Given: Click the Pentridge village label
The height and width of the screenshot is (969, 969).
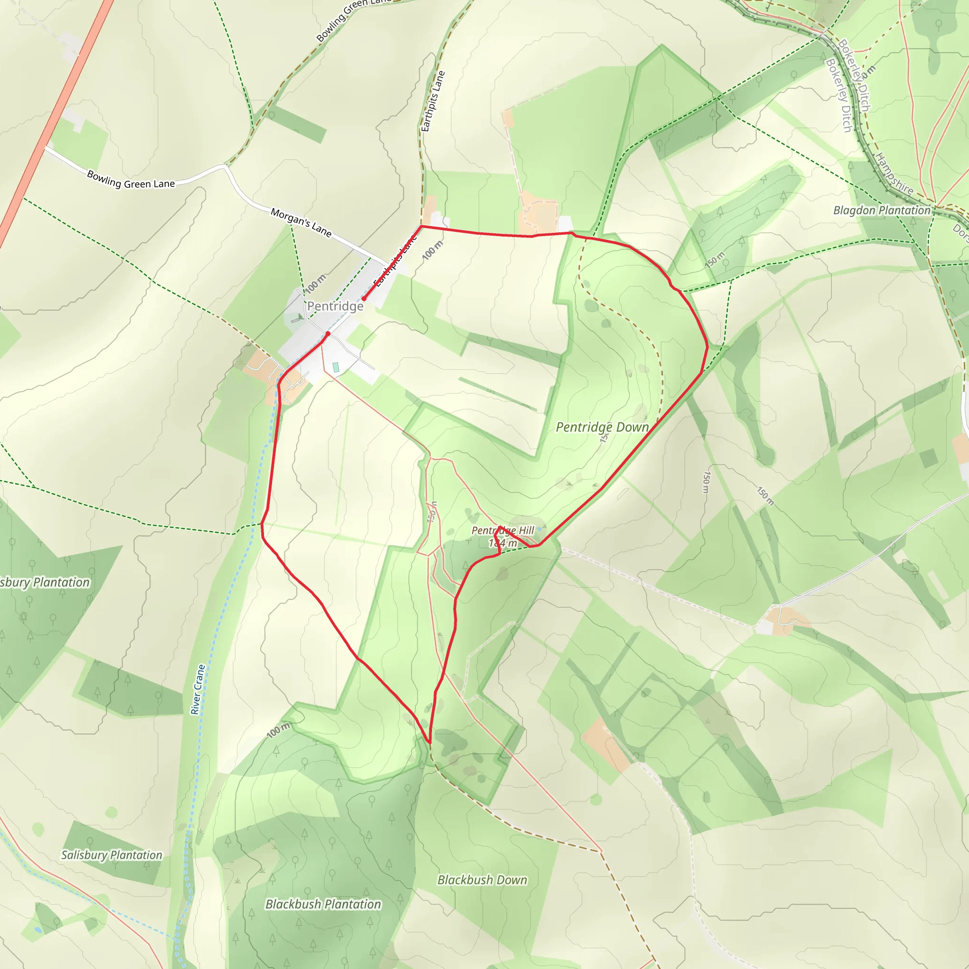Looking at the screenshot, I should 335,306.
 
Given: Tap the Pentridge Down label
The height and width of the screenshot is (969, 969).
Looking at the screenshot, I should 602,427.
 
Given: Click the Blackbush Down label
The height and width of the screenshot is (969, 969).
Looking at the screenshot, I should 482,880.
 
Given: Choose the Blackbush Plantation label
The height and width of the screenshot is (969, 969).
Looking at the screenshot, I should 323,904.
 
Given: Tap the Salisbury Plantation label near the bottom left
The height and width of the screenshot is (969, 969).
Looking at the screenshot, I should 111,854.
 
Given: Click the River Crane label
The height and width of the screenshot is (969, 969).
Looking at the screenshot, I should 198,689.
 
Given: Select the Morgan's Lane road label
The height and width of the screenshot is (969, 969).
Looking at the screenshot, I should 301,222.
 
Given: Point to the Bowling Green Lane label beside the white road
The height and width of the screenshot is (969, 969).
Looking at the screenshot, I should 131,179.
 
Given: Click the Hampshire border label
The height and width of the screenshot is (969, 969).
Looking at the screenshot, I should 894,174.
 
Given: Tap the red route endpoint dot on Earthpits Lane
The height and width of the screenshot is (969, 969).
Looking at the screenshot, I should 364,299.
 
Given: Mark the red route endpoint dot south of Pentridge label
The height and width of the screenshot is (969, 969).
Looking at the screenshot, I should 328,334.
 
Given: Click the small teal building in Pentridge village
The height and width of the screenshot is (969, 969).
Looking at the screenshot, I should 335,367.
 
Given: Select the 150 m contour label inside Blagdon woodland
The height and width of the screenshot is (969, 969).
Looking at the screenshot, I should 715,260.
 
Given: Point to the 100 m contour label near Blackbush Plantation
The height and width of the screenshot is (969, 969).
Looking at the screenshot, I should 278,730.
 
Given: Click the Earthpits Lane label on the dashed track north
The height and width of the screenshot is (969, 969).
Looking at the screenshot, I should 433,101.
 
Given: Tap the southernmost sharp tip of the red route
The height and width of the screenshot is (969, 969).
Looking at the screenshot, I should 429,743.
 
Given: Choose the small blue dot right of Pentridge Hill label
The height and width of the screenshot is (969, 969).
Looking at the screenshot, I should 539,528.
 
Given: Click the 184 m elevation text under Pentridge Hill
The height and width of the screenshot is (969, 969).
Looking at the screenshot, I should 502,543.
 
